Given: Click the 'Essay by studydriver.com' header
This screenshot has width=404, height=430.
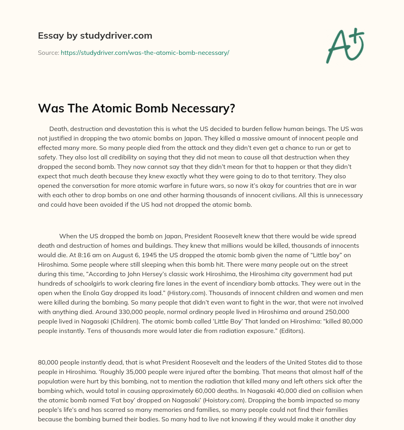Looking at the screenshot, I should tap(95, 36).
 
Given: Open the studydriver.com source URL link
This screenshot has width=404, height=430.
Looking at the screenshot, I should tap(145, 52).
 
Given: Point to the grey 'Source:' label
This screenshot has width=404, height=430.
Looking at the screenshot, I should tap(48, 52).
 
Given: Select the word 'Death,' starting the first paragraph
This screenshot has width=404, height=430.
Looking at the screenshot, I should tap(58, 129).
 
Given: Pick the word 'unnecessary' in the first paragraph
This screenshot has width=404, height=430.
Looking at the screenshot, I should tap(344, 195).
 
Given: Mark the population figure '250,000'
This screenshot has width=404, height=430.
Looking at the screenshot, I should tap(345, 312).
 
